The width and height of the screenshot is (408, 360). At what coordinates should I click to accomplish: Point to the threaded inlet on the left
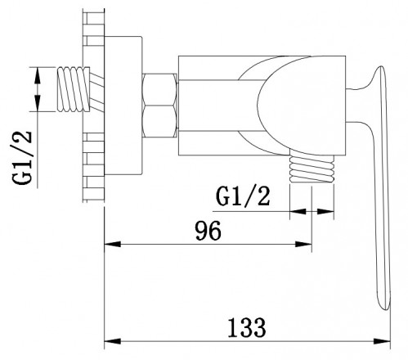(x=73, y=89)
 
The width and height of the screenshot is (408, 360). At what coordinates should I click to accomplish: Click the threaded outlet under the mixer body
(x=312, y=169)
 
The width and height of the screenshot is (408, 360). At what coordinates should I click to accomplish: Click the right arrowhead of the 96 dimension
(x=307, y=243)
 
